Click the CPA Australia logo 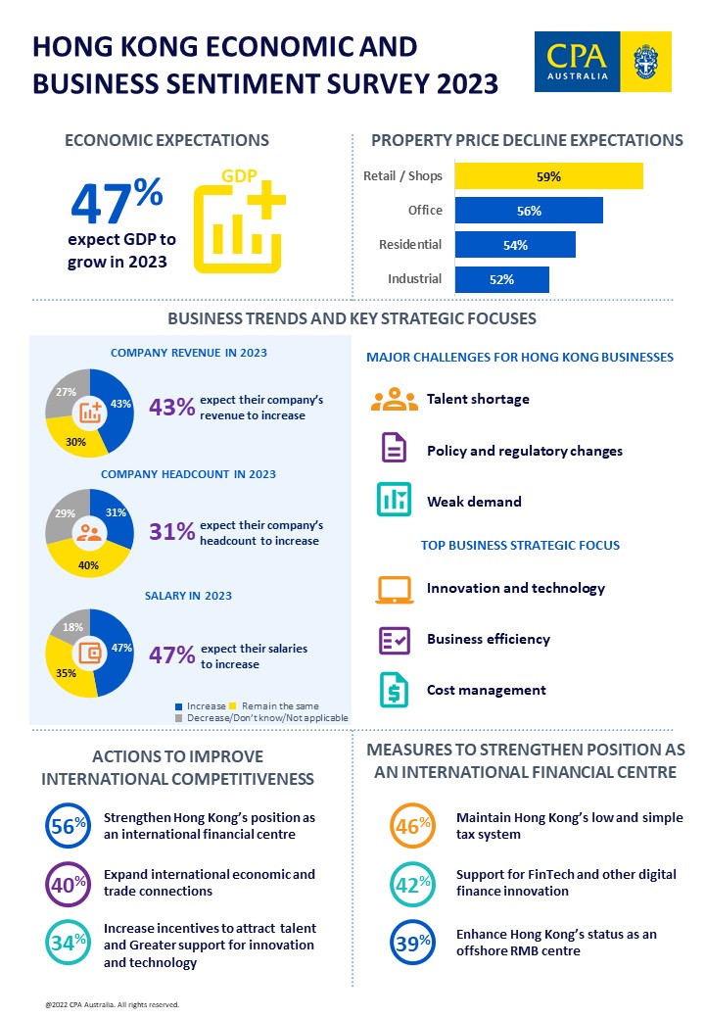(x=602, y=61)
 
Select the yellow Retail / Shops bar (x=548, y=176)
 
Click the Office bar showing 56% (x=529, y=211)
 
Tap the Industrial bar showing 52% (x=501, y=279)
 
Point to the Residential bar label (x=410, y=245)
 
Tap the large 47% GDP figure (x=117, y=204)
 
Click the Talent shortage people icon (x=394, y=400)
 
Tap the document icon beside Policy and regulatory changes (x=394, y=450)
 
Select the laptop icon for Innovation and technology (x=394, y=589)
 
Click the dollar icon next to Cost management (x=394, y=690)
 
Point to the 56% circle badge (x=68, y=825)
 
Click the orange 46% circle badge (x=413, y=825)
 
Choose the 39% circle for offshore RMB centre (x=413, y=943)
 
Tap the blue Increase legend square (x=178, y=706)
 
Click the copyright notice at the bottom (x=112, y=1004)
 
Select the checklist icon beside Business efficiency (x=394, y=640)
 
